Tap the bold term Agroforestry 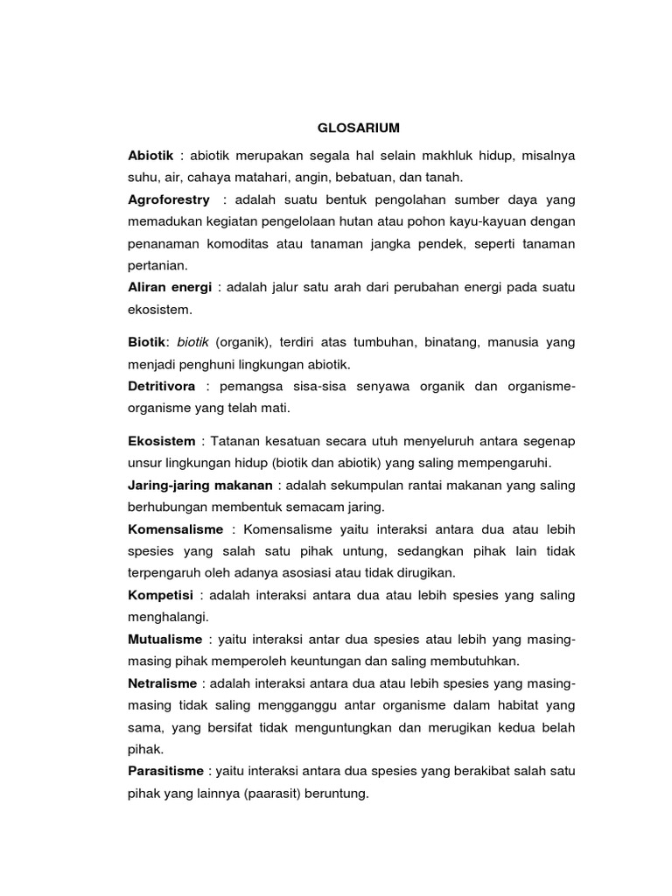(169, 199)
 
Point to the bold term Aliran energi (170, 287)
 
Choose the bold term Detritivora (162, 386)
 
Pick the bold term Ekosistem (161, 440)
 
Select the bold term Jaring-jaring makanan (200, 485)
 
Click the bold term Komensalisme (176, 529)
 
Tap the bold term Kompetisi (160, 595)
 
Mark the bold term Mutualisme (164, 640)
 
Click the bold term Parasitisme (166, 771)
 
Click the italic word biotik (194, 341)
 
